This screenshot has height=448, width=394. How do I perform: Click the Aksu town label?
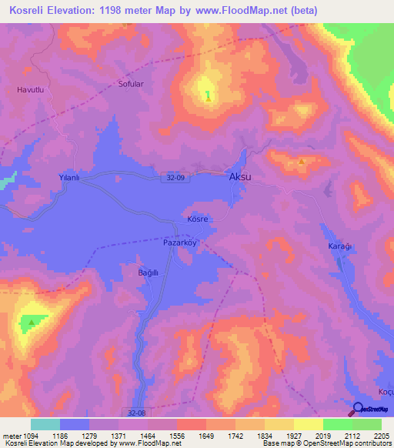[240, 177]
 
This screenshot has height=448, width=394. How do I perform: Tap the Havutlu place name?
[31, 90]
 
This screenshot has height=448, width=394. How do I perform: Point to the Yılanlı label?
[70, 177]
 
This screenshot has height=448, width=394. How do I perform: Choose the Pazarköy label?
[181, 242]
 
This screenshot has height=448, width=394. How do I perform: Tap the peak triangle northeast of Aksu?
[301, 162]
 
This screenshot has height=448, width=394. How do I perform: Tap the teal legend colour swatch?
[45, 424]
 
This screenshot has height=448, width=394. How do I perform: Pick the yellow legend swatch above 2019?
[308, 424]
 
